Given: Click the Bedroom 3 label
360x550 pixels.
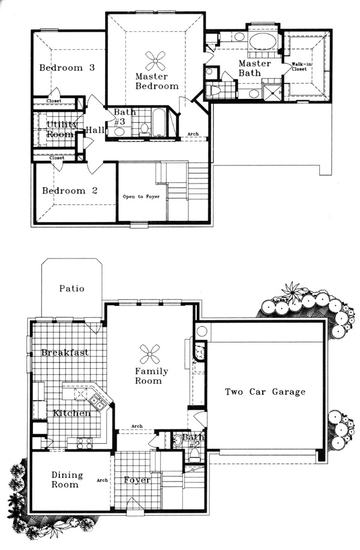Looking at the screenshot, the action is [x=67, y=67].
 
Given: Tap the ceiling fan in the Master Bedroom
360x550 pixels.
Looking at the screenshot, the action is [x=155, y=61].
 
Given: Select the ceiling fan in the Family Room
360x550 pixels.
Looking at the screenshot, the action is [x=149, y=354].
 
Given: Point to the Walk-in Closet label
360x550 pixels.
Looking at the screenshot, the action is [x=301, y=67].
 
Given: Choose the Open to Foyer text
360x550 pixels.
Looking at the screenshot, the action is [x=141, y=197].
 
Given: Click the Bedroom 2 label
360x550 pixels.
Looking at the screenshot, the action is [x=70, y=191].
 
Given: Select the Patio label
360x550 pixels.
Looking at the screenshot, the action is [x=71, y=288].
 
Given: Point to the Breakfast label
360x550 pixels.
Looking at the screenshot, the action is [x=65, y=352].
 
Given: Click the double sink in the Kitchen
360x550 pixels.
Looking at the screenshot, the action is [x=96, y=402].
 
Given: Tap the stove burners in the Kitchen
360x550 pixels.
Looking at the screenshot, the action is [x=84, y=443].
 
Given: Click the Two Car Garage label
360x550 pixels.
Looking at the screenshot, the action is [x=265, y=392].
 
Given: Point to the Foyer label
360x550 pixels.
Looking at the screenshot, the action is [x=137, y=480].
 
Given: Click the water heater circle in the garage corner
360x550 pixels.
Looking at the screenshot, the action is [x=202, y=330].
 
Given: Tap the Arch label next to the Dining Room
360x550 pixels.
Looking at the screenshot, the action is [x=102, y=480].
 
